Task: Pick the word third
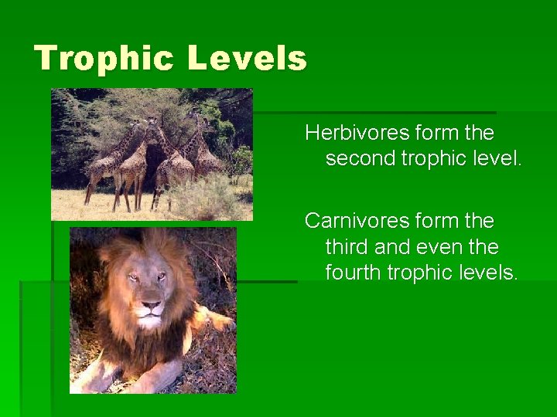click(x=347, y=247)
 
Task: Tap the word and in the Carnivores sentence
click(x=394, y=247)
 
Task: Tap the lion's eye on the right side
click(x=164, y=276)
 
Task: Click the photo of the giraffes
click(x=152, y=154)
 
